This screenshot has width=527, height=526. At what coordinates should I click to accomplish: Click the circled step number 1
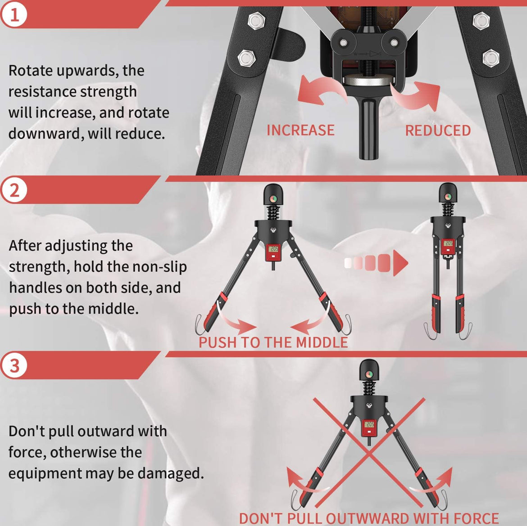pyautogui.click(x=14, y=15)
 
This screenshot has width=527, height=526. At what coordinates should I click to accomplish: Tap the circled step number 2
pyautogui.click(x=14, y=191)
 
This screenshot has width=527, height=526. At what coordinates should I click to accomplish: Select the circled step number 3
pyautogui.click(x=14, y=366)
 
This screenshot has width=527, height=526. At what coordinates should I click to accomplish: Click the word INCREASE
pyautogui.click(x=300, y=130)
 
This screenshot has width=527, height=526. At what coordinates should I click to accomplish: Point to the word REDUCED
pyautogui.click(x=438, y=130)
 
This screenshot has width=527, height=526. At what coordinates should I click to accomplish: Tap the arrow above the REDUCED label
pyautogui.click(x=417, y=96)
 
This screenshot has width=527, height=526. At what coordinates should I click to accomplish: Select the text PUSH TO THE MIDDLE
pyautogui.click(x=273, y=342)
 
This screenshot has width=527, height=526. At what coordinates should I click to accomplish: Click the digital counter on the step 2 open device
pyautogui.click(x=273, y=249)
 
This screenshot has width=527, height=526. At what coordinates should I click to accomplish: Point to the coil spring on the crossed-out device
pyautogui.click(x=369, y=388)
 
